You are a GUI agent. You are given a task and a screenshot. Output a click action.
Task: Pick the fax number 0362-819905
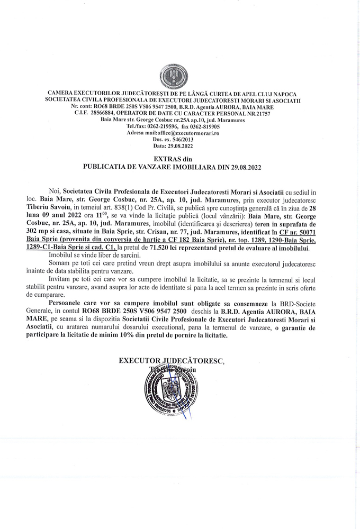coord(204,127)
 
